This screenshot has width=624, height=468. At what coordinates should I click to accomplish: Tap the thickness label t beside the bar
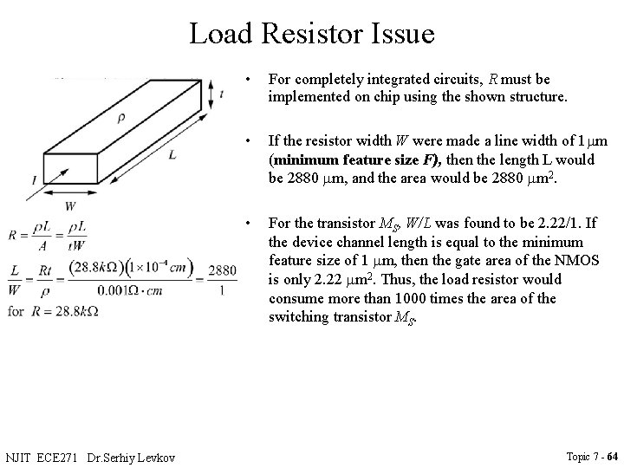coord(223,96)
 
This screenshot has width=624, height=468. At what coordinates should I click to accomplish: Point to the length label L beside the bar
coord(173,153)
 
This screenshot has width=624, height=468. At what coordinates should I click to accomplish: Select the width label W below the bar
coord(69,206)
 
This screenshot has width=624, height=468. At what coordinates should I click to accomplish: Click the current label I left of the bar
coord(32,179)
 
